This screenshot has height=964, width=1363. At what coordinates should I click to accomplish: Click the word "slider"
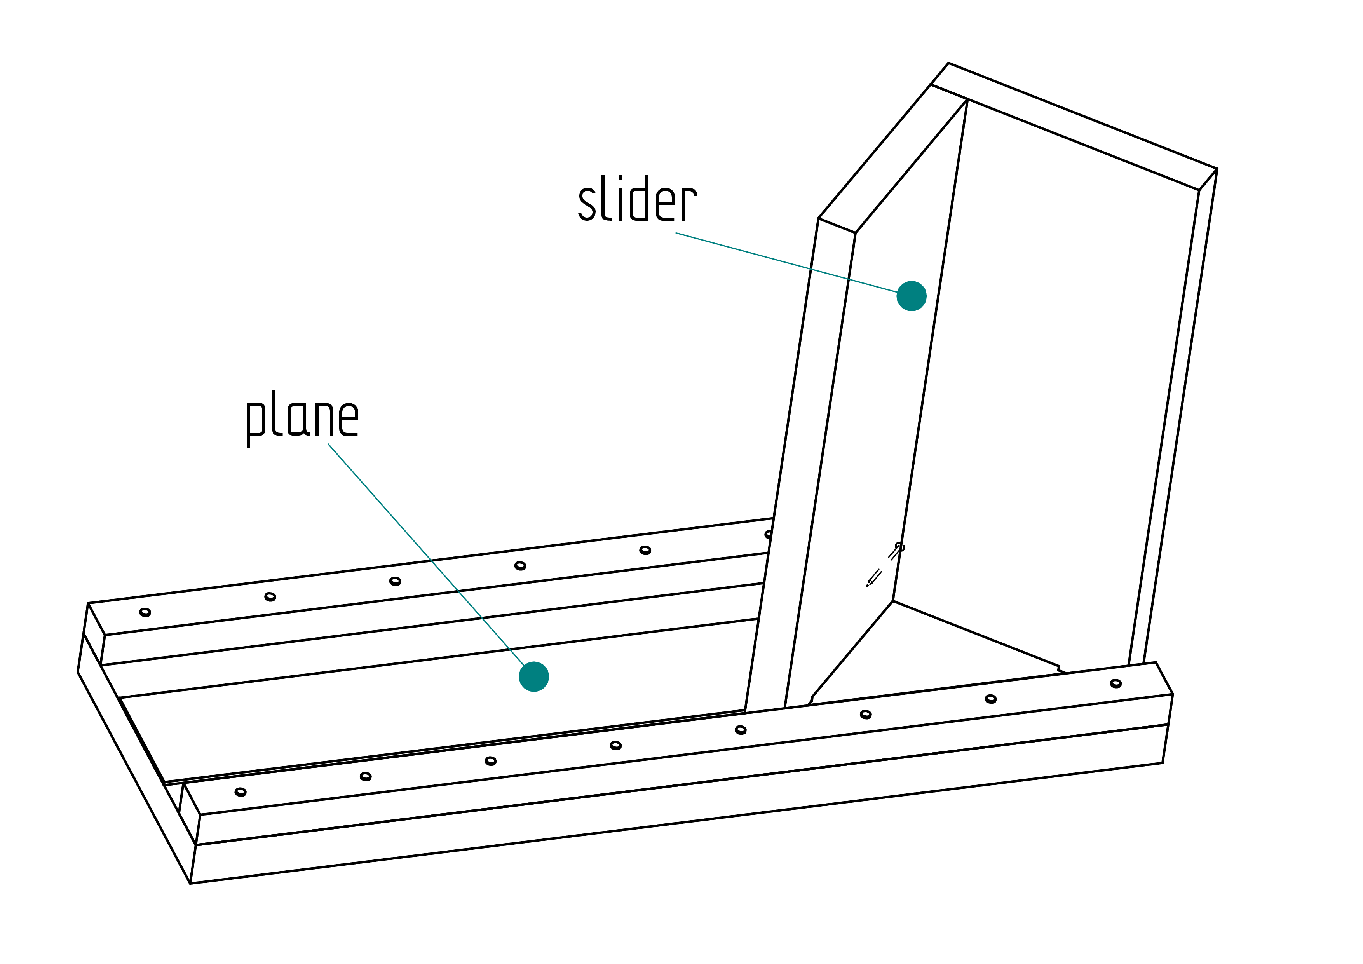(638, 199)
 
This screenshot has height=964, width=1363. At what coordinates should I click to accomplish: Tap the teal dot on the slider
(911, 296)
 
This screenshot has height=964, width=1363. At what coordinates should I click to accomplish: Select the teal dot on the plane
(534, 677)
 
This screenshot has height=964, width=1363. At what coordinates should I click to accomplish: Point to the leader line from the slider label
(786, 262)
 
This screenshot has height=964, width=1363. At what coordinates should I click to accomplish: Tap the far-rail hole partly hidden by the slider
(769, 534)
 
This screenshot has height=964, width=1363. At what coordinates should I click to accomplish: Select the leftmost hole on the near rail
(241, 792)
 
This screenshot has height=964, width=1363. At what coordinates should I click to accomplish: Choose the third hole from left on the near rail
(490, 761)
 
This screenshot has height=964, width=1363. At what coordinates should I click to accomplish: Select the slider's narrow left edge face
(800, 463)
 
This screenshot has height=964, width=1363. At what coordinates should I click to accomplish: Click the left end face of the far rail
(94, 634)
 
